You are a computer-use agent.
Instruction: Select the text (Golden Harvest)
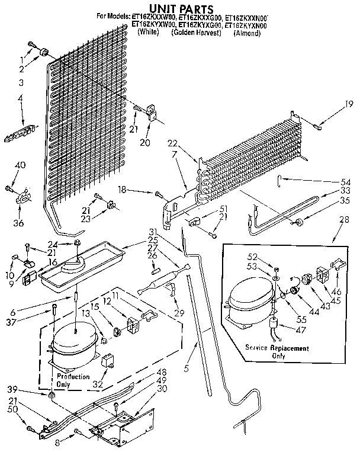pyautogui.click(x=196, y=33)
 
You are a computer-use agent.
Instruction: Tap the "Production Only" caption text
pyautogui.click(x=73, y=380)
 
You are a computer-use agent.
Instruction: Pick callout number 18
pyautogui.click(x=122, y=191)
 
